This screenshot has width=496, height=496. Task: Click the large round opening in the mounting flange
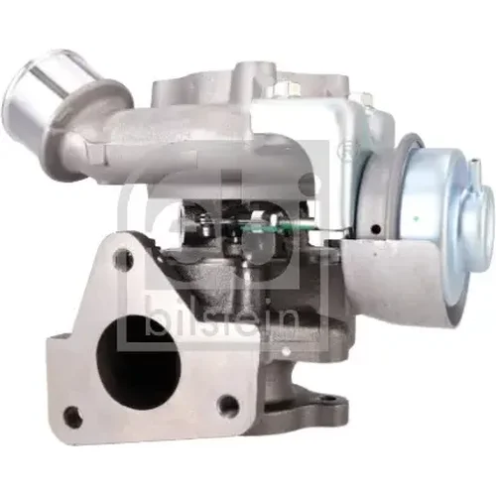point(139,360)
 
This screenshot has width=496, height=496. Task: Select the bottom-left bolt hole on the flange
point(72,415)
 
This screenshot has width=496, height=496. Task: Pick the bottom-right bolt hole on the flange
point(228,405)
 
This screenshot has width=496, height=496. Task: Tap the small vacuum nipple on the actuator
point(475,168)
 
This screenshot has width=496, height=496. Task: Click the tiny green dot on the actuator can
point(415,218)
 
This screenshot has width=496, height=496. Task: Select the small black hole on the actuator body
point(375,228)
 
